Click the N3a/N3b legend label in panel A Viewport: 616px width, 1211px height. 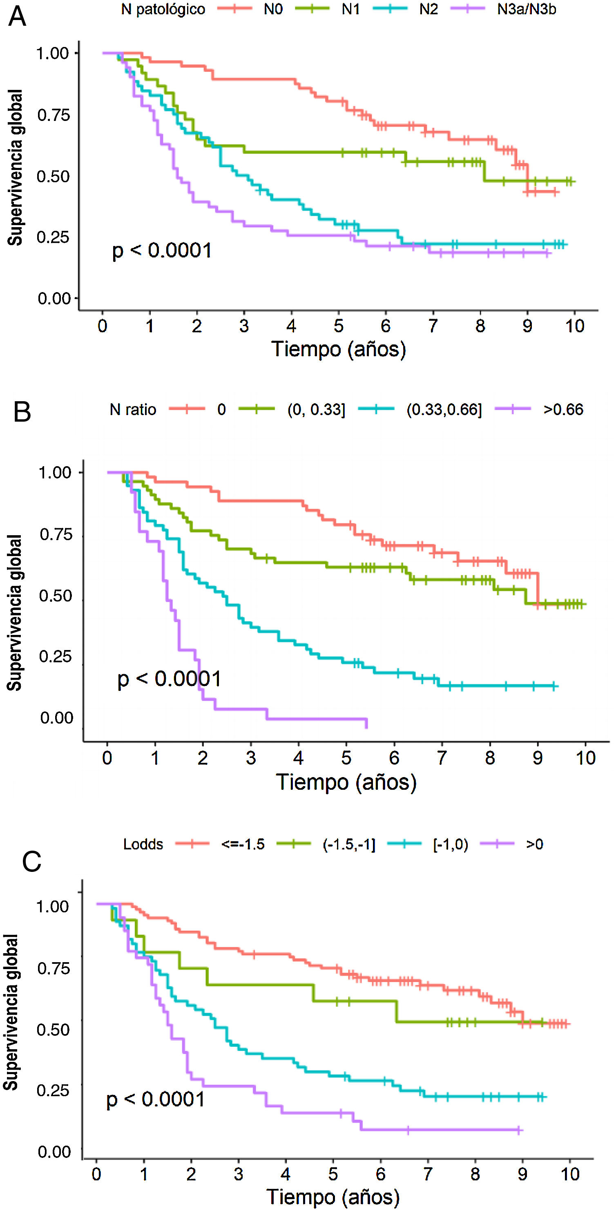coord(526,9)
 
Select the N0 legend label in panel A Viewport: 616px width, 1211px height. coord(273,9)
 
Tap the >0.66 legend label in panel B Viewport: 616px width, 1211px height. coord(563,409)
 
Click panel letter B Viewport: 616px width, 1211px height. coord(22,412)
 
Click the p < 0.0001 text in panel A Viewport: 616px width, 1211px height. coord(162,250)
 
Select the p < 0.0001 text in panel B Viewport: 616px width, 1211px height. coord(169,679)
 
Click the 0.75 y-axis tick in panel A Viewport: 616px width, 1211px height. coord(54,115)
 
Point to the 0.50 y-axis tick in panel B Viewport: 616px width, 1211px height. coord(56,596)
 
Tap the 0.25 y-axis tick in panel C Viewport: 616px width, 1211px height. coord(54,1090)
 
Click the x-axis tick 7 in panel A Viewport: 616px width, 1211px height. coord(433,326)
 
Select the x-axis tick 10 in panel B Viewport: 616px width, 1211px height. coord(585,758)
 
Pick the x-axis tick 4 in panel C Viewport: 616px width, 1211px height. coord(286,1174)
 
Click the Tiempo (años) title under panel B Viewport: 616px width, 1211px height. coord(346,782)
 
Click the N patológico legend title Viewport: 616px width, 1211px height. coord(163,9)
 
